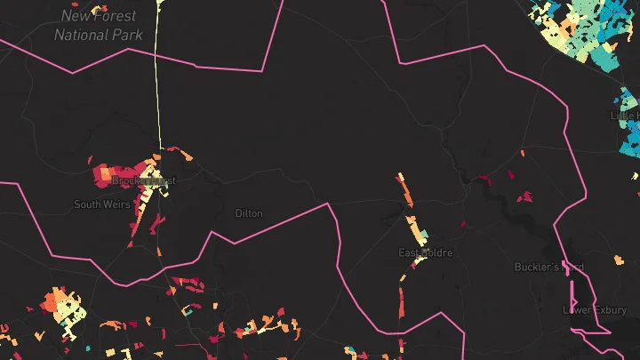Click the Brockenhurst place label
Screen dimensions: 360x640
coord(143,180)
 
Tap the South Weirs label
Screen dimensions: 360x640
coord(102,204)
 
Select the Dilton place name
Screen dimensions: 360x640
coord(249,213)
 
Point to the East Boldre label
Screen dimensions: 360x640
coord(425,253)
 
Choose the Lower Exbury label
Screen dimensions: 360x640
coord(596,310)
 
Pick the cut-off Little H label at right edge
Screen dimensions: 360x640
coord(625,115)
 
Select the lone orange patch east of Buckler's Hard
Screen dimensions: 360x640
coord(619,260)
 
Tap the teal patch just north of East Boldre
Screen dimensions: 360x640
coord(422,236)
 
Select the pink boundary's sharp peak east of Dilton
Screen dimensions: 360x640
coord(328,204)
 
